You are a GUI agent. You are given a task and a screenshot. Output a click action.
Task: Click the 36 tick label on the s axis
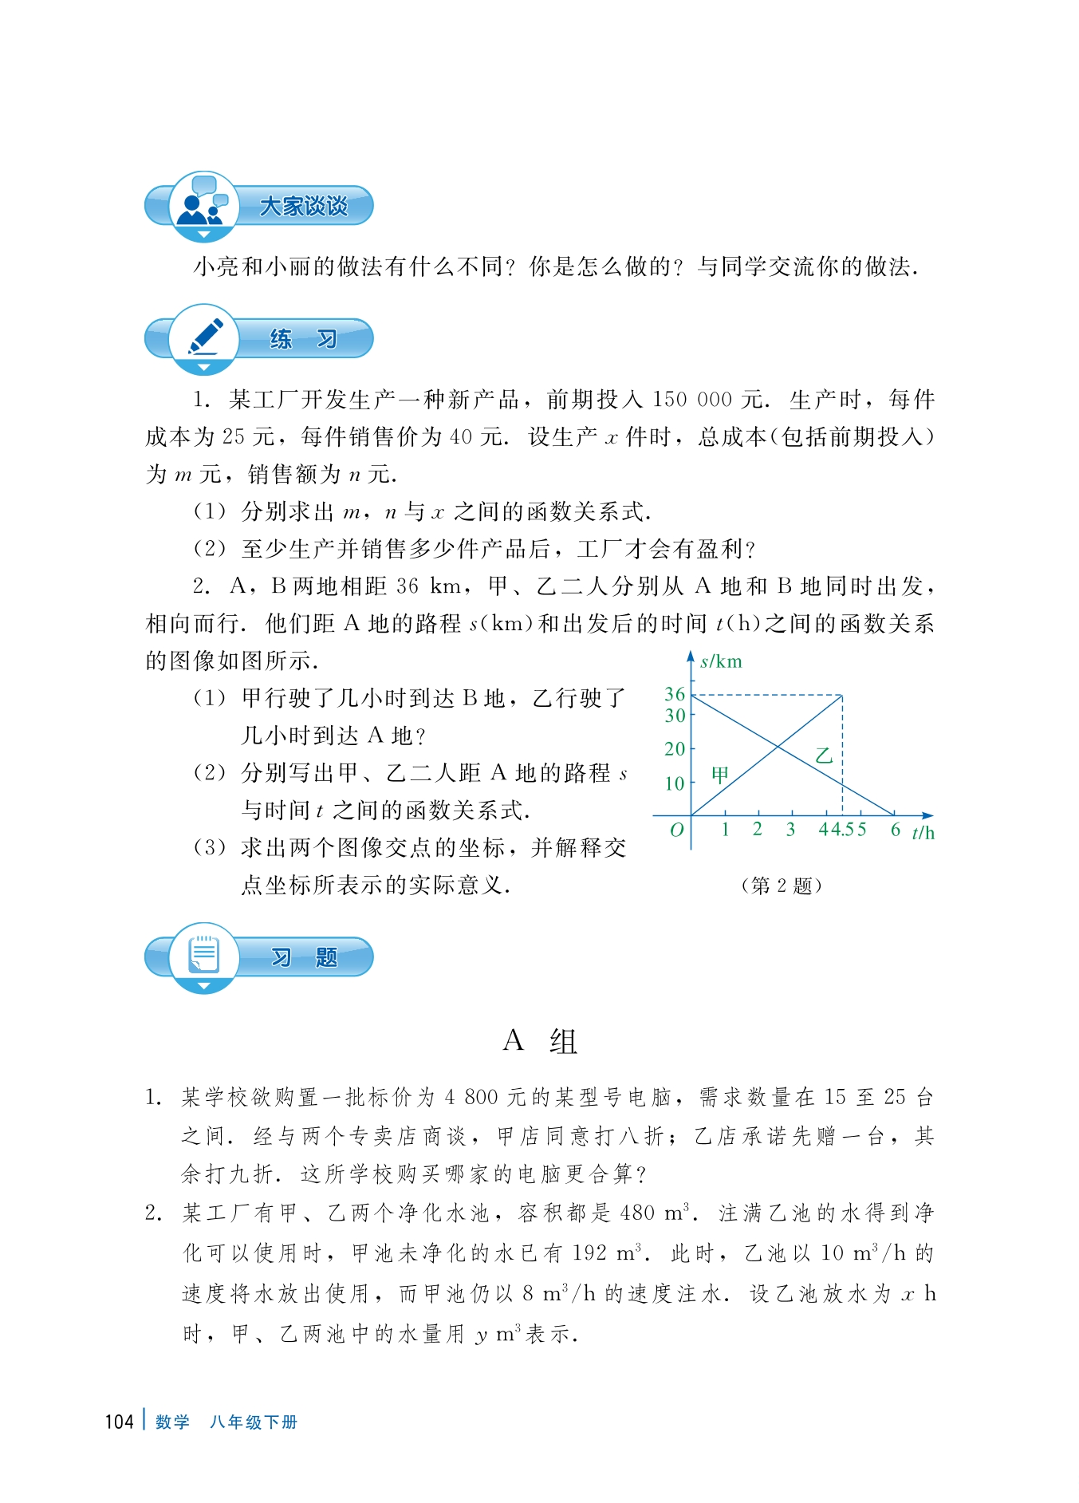coord(675,694)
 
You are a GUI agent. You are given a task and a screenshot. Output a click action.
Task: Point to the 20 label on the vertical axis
coord(675,749)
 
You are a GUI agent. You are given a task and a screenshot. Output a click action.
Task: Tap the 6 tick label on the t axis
coord(896,830)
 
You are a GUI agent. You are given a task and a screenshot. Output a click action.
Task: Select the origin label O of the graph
coord(676,830)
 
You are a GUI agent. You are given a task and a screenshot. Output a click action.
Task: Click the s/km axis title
coord(721,661)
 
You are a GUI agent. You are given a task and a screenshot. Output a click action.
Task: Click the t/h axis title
coord(923,833)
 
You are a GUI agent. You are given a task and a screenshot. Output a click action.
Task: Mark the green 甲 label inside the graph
coord(720,775)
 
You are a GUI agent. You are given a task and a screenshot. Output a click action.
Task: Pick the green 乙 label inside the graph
coord(824,755)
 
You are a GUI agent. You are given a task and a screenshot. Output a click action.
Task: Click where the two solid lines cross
coord(778,747)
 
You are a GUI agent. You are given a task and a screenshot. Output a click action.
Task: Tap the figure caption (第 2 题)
coord(781,886)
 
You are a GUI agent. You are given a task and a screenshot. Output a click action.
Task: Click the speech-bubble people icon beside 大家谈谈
coord(203,203)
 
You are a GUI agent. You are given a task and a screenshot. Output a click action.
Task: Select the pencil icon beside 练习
coord(204,337)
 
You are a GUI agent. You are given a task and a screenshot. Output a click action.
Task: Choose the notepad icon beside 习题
coord(204,955)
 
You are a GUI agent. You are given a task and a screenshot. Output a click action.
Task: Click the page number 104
coord(119,1422)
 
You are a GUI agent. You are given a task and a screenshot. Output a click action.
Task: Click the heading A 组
coord(540,1041)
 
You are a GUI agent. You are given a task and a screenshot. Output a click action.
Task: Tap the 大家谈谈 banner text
coord(304,206)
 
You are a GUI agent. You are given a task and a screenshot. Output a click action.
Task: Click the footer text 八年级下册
coord(254,1422)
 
